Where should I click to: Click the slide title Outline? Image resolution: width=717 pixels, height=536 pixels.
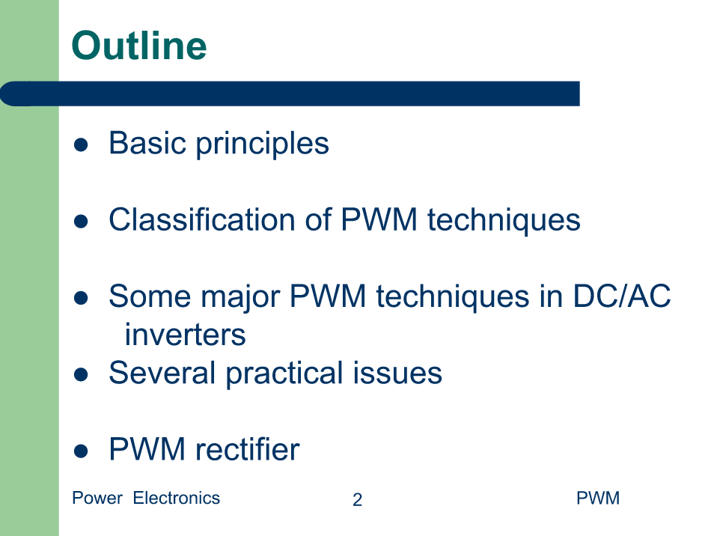[x=139, y=46]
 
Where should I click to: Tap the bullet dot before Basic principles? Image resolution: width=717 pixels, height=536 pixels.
[x=81, y=145]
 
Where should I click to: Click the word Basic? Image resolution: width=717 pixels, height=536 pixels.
[x=147, y=143]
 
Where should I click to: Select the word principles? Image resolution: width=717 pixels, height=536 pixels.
[x=263, y=144]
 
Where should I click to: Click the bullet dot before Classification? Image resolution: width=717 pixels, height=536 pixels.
[x=81, y=222]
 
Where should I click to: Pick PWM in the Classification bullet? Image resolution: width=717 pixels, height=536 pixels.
[x=379, y=219]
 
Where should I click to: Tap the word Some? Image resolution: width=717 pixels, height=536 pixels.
[x=150, y=296]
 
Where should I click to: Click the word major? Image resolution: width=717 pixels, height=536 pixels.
[x=240, y=298]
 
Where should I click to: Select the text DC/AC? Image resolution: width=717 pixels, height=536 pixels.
[x=622, y=296]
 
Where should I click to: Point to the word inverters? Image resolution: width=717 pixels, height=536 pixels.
[x=185, y=335]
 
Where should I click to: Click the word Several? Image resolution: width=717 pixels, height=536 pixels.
[x=162, y=373]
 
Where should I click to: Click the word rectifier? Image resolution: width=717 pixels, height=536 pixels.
[x=248, y=449]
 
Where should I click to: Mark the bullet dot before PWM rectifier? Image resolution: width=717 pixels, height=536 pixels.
[x=81, y=451]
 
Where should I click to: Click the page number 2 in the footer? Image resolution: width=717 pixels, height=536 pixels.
[x=358, y=499]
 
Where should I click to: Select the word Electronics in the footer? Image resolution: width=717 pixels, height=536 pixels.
[x=177, y=498]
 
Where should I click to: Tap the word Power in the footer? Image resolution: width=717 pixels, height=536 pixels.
[x=97, y=498]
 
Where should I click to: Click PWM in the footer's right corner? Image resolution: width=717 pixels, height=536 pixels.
[x=598, y=498]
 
